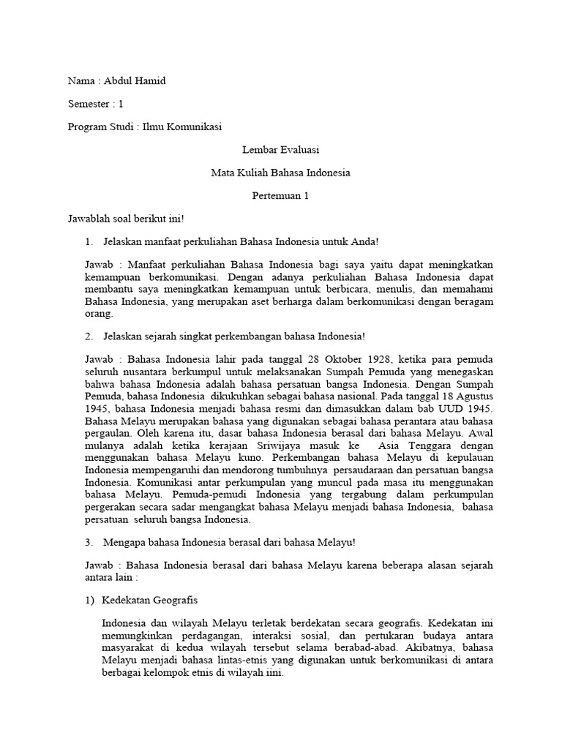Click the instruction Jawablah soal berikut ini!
tap(120, 219)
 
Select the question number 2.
tap(89, 336)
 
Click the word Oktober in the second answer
tap(351, 359)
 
